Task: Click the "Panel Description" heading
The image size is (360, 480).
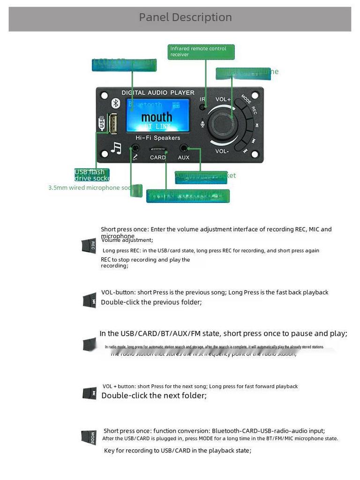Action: point(185,17)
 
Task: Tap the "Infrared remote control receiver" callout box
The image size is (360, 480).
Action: point(201,52)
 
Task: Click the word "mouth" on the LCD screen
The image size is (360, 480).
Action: point(157,117)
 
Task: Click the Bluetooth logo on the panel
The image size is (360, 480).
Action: point(115,104)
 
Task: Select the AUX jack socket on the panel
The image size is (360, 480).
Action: point(184,148)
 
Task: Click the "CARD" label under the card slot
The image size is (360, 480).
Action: point(158,157)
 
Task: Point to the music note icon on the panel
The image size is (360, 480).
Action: point(116,148)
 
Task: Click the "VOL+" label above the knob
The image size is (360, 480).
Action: point(223,99)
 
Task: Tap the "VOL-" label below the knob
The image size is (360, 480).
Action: point(222,151)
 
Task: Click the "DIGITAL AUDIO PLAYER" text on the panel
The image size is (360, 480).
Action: point(157,93)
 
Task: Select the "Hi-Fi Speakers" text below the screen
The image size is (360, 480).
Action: point(157,138)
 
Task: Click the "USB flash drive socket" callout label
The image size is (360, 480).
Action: point(92,175)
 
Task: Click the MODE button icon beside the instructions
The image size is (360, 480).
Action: point(89,437)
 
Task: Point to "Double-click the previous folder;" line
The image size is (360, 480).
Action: point(151,302)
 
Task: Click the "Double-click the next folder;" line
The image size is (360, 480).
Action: point(154,396)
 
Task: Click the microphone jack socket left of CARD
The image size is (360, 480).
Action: point(135,148)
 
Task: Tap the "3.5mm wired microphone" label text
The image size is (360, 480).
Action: point(84,188)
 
